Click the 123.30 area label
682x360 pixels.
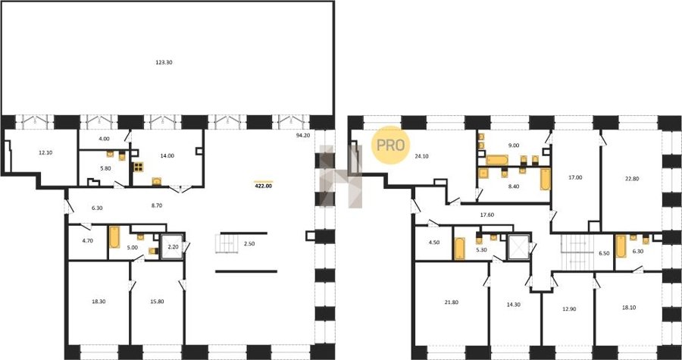164,63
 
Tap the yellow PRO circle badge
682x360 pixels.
390,146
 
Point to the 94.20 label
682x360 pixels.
302,135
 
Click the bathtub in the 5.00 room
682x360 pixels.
114,237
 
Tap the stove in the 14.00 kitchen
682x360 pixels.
139,167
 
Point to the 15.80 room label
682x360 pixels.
157,302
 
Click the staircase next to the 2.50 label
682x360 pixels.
226,244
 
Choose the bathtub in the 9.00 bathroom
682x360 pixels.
497,160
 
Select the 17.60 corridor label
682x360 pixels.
486,214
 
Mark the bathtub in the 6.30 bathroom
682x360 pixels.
621,246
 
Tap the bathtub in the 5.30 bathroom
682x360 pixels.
459,249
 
